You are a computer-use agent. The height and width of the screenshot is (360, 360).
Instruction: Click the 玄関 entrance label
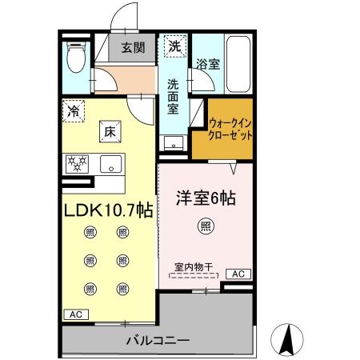pos(133,48)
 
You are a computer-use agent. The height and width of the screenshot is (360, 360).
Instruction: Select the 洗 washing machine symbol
pos(174,47)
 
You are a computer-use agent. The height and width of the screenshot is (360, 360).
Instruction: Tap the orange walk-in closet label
pos(230,130)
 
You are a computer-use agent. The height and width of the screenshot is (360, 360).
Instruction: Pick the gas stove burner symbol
pos(80,164)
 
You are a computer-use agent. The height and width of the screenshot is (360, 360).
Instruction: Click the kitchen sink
pos(112,165)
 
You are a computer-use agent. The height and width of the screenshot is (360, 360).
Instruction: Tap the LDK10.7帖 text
pos(109,210)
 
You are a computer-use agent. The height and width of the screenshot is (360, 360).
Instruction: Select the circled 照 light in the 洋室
pos(205,226)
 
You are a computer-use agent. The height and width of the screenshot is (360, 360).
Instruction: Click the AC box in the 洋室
pos(237,274)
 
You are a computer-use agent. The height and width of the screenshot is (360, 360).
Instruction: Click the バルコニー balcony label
pos(158,342)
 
